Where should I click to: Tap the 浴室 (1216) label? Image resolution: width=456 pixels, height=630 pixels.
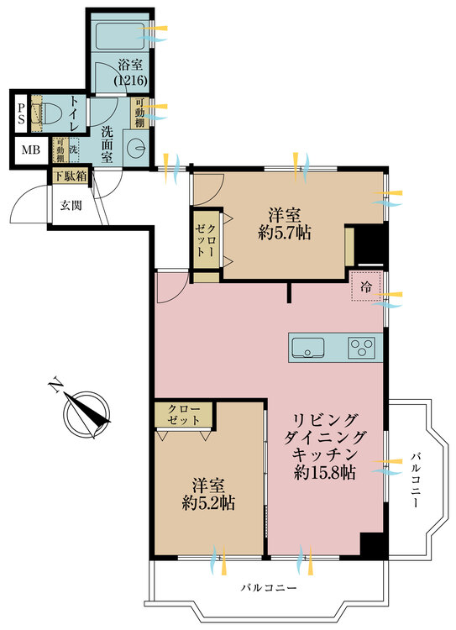point(130,73)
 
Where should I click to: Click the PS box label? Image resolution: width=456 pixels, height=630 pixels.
point(19,112)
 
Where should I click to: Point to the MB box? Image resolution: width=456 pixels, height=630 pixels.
point(29,150)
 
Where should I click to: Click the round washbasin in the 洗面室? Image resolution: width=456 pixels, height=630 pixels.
point(134,146)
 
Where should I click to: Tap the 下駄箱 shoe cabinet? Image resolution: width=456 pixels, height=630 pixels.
point(69,176)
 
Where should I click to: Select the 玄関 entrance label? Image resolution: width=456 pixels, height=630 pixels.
point(70,203)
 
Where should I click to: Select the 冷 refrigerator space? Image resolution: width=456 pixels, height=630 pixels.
point(366,288)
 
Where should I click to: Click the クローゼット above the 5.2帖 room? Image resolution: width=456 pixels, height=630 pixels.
point(183,416)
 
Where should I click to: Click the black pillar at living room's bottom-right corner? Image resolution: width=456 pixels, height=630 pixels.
point(373,543)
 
